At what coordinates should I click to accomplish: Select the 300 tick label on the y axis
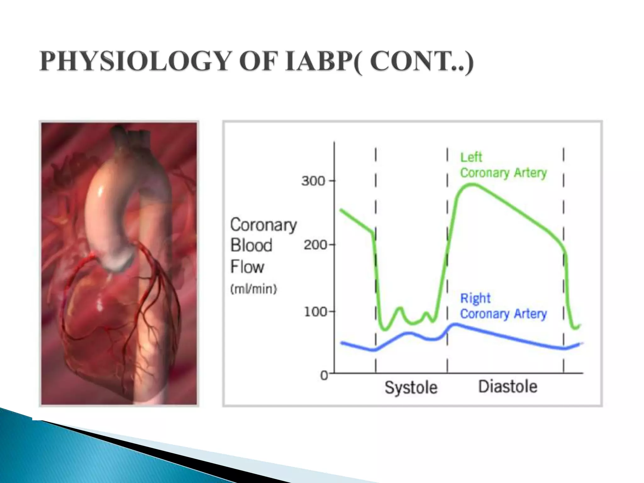coord(313,181)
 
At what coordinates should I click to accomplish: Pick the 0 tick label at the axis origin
coord(324,375)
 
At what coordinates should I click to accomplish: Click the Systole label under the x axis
coord(411,387)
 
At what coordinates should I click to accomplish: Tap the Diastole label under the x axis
coord(508,386)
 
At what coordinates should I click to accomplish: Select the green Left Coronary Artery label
coord(503,165)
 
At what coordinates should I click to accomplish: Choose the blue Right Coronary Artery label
coord(503,306)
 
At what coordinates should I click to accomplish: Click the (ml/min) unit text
coord(253,289)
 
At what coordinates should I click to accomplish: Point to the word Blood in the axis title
coord(251,245)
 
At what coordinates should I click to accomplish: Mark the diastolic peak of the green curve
coord(472,185)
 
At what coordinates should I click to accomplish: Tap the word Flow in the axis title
coord(247,267)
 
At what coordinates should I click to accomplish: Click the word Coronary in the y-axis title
coord(264,225)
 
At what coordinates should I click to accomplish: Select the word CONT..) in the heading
coord(421,61)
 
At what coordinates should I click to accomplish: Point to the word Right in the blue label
coord(475,298)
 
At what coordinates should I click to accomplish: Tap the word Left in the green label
coord(471,157)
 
